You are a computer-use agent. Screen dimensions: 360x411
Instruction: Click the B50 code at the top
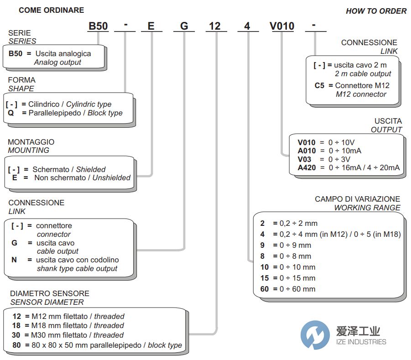pos(98,26)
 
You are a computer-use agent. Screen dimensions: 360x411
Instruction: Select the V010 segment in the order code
pos(282,26)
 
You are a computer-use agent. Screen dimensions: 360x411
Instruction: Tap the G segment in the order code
pos(184,26)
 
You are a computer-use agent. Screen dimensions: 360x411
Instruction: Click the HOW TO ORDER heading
pos(376,11)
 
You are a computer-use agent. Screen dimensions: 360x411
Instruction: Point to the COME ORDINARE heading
pos(51,10)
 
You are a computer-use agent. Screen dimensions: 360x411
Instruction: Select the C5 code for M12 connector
pos(321,85)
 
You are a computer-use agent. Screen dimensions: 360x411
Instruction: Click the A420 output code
pos(307,167)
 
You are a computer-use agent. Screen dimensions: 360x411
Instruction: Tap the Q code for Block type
pos(11,113)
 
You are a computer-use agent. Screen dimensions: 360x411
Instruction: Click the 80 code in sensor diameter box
pos(17,345)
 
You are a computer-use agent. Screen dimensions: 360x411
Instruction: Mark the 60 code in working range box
pos(265,289)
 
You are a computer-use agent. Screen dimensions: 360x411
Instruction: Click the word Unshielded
pos(111,177)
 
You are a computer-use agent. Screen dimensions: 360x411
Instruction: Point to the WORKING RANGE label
pos(367,208)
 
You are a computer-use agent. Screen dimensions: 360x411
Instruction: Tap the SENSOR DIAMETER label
pos(47,302)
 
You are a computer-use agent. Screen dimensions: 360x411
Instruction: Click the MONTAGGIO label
pos(31,142)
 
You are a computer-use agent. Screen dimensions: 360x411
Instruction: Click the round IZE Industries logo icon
pos(315,335)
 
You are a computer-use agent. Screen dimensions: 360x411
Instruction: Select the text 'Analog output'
pos(57,62)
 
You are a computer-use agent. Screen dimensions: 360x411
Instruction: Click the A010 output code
pos(307,151)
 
